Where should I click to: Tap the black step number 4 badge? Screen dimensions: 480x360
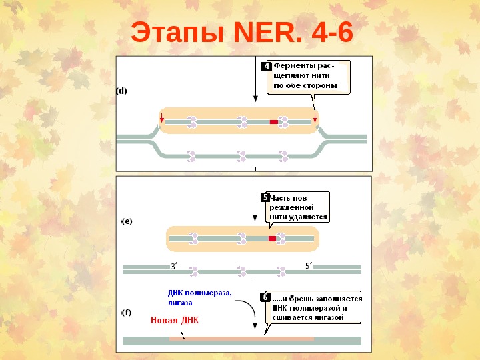click(x=266, y=67)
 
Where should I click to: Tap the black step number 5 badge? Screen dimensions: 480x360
click(x=265, y=198)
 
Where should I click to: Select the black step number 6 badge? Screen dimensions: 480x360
click(x=265, y=298)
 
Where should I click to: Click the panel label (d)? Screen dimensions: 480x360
click(x=122, y=91)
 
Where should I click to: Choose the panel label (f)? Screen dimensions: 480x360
click(x=125, y=312)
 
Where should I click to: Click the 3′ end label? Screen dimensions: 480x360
click(x=174, y=266)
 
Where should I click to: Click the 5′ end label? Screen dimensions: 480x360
click(x=309, y=265)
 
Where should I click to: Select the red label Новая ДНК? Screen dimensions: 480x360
click(x=175, y=320)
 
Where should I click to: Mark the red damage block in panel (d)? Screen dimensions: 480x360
click(x=273, y=122)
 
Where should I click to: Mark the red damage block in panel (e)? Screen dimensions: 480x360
click(x=272, y=238)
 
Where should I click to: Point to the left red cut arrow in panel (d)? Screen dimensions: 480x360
click(x=161, y=118)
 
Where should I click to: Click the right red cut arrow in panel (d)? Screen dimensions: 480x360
click(x=315, y=118)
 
